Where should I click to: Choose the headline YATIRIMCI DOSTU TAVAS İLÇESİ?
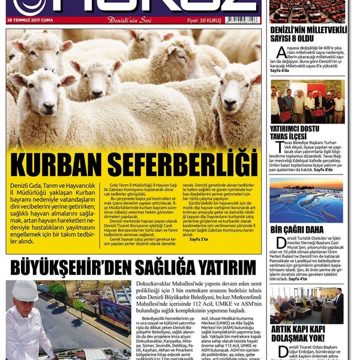294,133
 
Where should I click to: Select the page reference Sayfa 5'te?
200,239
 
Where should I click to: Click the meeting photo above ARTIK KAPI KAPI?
307,304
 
